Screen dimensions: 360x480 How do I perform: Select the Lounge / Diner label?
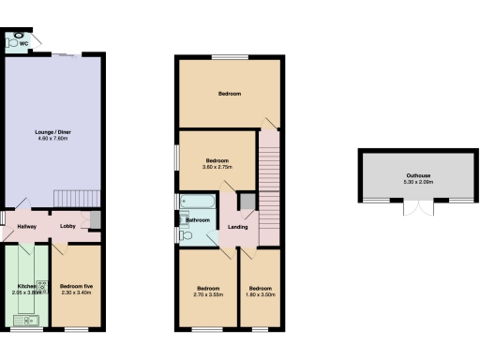[x=52, y=132]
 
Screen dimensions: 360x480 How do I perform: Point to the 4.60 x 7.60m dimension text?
[x=52, y=139]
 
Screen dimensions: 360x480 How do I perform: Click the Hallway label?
[x=25, y=226]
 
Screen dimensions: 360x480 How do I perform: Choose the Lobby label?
[x=68, y=226]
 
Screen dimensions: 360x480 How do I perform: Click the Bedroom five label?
[x=76, y=286]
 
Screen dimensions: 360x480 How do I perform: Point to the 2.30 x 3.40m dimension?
[x=76, y=292]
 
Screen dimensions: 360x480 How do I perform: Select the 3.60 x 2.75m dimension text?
[x=217, y=167]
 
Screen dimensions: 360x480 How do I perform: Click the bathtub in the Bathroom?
[x=198, y=201]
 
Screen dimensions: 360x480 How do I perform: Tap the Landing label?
[x=238, y=226]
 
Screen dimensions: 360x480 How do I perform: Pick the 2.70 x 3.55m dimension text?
[x=208, y=294]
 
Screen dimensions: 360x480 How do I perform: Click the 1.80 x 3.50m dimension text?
[x=260, y=294]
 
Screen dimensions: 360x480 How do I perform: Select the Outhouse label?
[x=418, y=175]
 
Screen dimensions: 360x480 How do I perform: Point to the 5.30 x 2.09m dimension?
[x=418, y=182]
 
